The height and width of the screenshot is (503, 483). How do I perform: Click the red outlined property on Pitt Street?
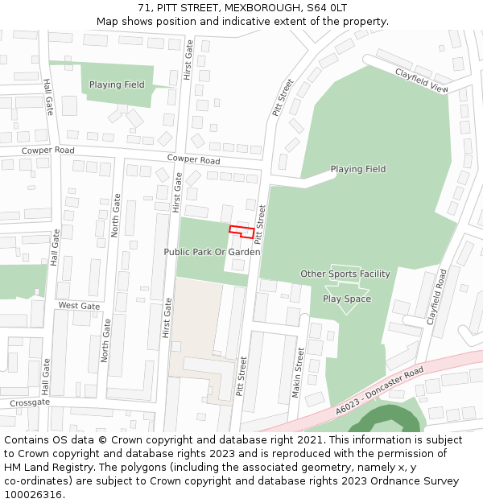(x=242, y=232)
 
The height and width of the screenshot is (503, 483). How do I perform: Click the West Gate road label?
(x=79, y=306)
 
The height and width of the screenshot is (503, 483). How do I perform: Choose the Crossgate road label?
(x=30, y=402)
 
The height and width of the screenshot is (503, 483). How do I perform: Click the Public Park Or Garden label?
(x=212, y=252)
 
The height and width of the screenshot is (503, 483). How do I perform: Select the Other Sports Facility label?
(x=345, y=274)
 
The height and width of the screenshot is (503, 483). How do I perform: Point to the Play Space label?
(x=347, y=299)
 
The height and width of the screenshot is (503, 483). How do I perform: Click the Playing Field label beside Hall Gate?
(x=117, y=85)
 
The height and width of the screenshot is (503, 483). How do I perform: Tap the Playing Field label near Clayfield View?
(x=357, y=169)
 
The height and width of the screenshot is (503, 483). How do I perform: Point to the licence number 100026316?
(x=33, y=495)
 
